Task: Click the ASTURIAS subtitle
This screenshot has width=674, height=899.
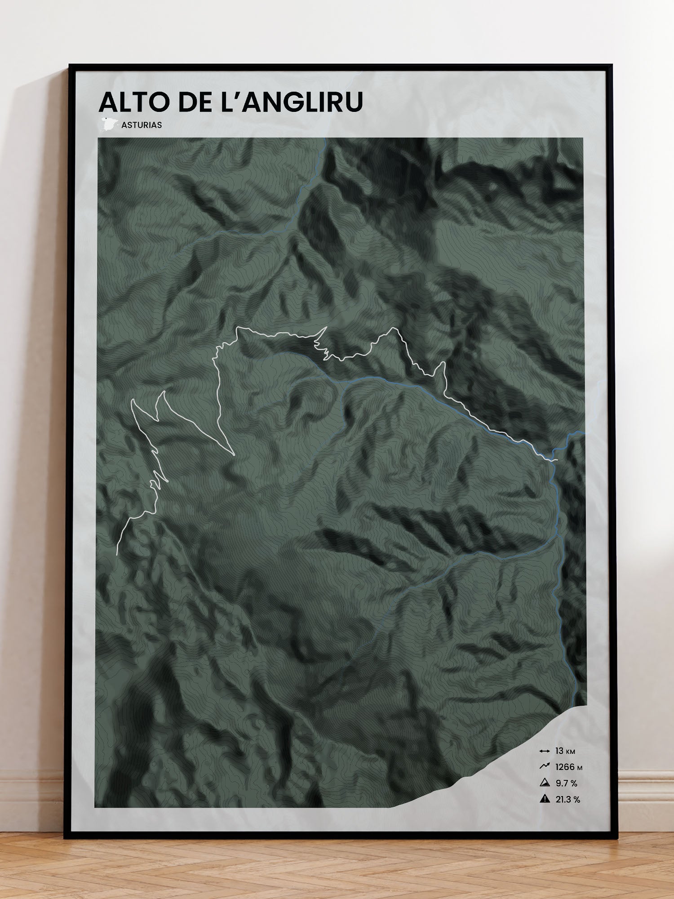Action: (x=142, y=125)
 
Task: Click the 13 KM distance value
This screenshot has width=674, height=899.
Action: (x=565, y=751)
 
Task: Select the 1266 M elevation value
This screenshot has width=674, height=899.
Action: (x=568, y=767)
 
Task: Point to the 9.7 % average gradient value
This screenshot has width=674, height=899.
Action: (x=566, y=783)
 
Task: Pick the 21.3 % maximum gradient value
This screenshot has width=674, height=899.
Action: (x=568, y=800)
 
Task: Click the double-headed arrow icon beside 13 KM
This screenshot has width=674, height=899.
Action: (x=545, y=751)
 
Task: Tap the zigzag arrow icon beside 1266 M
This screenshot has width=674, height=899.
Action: (x=545, y=767)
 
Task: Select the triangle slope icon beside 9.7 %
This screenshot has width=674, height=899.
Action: (x=545, y=783)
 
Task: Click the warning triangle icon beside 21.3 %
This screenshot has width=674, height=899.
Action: (x=545, y=799)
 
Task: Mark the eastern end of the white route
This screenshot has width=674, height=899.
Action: (x=557, y=460)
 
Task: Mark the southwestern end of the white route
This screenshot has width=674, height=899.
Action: (x=117, y=554)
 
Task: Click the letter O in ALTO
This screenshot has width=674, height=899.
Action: (x=158, y=102)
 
